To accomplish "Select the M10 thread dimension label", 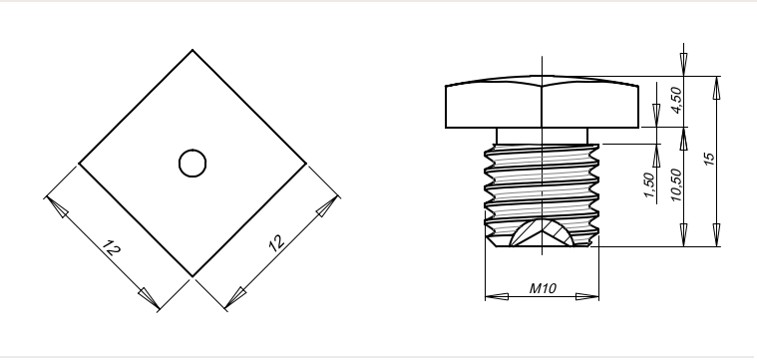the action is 543,288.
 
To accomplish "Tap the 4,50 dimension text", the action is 677,100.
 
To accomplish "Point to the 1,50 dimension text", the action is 650,185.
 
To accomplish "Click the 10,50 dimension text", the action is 677,184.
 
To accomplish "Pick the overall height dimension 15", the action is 709,159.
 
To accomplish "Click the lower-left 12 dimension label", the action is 112,247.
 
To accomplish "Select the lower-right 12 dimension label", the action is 276,243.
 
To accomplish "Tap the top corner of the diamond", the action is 192,50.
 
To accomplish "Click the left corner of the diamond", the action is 79,164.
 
